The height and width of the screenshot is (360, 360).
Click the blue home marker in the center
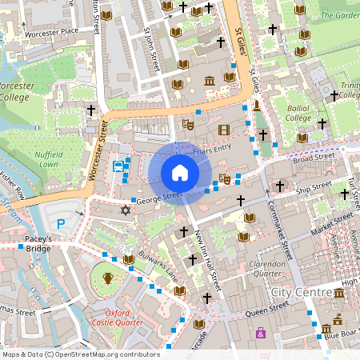[180, 173]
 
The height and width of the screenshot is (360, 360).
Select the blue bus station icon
[118, 166]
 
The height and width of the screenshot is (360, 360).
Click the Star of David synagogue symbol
[124, 210]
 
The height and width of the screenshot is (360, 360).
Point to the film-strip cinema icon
[223, 130]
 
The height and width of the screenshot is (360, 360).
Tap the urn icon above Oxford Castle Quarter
[107, 278]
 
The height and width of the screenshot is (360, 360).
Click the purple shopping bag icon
[261, 333]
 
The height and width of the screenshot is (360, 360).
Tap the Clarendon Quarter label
[267, 269]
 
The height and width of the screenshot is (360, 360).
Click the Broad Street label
[311, 159]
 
